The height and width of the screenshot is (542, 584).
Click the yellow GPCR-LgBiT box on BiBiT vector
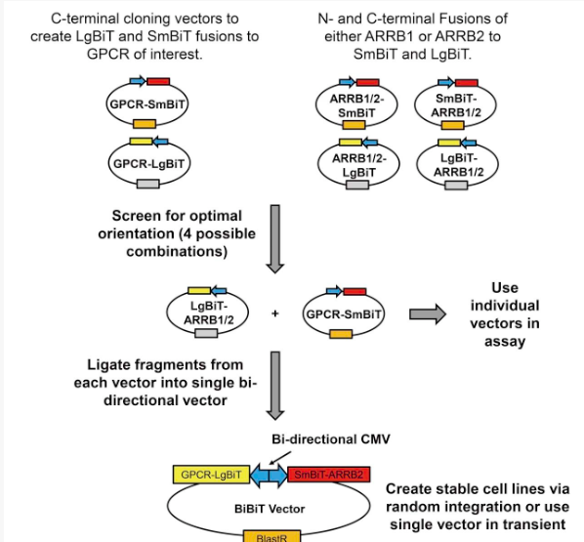click(x=212, y=475)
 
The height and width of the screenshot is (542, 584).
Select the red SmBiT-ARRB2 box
click(x=329, y=475)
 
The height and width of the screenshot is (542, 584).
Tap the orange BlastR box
click(x=271, y=536)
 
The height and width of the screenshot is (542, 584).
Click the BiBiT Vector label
click(x=270, y=509)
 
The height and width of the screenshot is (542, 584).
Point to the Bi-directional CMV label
click(x=331, y=439)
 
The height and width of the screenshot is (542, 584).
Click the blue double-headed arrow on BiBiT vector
click(x=269, y=476)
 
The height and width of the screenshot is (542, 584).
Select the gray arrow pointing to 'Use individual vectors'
click(x=428, y=314)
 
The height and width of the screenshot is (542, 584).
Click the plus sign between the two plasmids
click(x=275, y=313)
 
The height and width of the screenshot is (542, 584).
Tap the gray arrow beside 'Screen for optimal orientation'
click(x=275, y=239)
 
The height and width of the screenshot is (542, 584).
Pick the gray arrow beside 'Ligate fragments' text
click(x=275, y=386)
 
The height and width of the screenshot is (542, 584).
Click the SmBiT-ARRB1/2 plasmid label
click(x=456, y=105)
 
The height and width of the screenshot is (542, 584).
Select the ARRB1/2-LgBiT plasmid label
click(x=359, y=165)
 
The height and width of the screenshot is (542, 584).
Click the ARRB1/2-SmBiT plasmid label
click(x=356, y=105)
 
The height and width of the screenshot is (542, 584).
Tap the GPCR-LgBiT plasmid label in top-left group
click(x=148, y=164)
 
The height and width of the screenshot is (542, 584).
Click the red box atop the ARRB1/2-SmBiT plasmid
click(x=367, y=82)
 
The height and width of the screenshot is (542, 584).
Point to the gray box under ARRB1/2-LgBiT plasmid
click(x=357, y=185)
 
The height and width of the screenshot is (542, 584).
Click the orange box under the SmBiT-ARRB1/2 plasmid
click(x=452, y=125)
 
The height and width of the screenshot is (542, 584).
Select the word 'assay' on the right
click(x=505, y=341)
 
